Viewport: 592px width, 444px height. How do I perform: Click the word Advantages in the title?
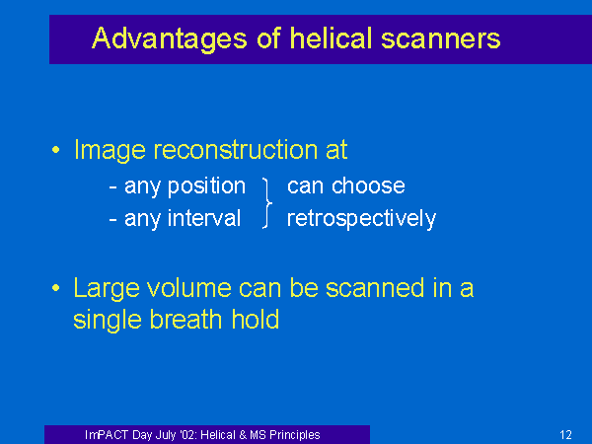170,39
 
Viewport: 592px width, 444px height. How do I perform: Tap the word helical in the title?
332,37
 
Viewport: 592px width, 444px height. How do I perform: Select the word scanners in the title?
441,38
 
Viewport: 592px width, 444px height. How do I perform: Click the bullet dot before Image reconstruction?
56,150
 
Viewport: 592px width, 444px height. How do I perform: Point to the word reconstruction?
236,150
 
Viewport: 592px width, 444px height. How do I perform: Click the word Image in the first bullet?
110,151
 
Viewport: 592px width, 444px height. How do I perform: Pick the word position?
206,186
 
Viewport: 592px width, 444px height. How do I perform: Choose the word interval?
204,218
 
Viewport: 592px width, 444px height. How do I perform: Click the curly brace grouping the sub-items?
267,203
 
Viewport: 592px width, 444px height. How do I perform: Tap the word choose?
368,185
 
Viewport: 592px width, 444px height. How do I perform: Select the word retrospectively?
361,219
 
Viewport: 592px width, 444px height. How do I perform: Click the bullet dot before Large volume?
56,288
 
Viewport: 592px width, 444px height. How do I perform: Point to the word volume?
189,288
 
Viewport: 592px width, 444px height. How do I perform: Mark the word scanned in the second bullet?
375,288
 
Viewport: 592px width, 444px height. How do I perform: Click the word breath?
185,320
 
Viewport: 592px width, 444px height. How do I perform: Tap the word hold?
256,320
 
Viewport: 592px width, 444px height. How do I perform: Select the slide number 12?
565,435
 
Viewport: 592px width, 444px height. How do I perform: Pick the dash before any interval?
112,219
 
